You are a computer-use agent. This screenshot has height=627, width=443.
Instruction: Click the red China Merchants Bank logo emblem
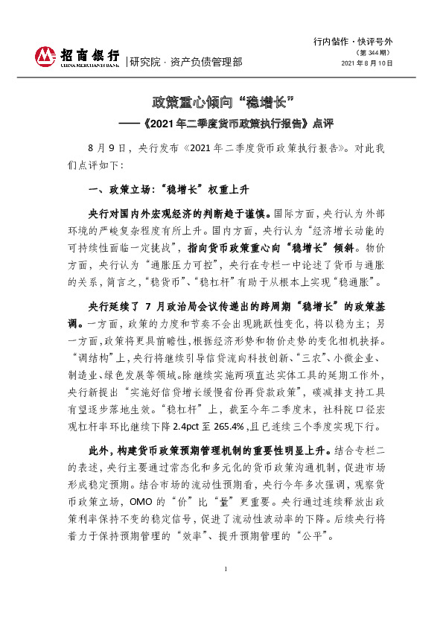pos(45,55)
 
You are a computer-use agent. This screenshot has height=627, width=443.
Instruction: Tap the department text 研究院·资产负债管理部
pos(185,62)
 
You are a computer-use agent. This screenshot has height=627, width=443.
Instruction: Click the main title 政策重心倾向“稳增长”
pos(220,101)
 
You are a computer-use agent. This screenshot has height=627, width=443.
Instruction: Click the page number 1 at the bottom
pos(224,589)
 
